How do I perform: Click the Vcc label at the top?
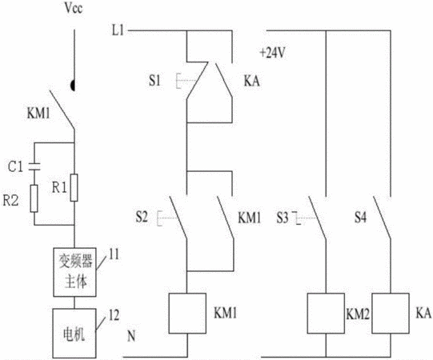[x=74, y=8]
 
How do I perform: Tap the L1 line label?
[x=118, y=30]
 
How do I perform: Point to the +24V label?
[x=272, y=53]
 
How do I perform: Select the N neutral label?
[x=131, y=336]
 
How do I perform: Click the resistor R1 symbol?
[x=74, y=188]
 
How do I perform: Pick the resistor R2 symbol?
[x=34, y=198]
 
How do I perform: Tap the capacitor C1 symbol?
[x=34, y=166]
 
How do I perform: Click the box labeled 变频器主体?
[x=74, y=272]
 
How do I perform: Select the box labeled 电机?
[x=74, y=334]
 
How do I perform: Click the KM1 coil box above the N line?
[x=187, y=314]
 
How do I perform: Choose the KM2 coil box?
[x=326, y=314]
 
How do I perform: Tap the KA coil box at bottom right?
[x=391, y=314]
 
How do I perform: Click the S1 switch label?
[x=154, y=81]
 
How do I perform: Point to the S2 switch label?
[x=142, y=217]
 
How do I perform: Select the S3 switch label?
[x=283, y=218]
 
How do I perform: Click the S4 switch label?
[x=361, y=218]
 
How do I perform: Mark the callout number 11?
[x=114, y=254]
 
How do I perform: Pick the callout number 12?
[x=114, y=315]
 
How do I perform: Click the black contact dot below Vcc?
[x=73, y=86]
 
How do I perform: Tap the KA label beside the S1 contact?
[x=251, y=81]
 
